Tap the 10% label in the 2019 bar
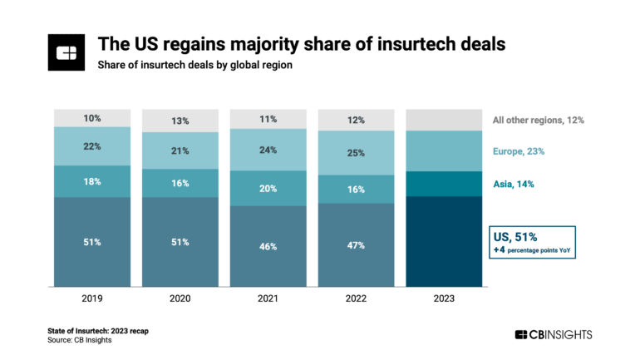click(x=91, y=117)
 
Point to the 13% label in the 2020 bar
click(x=180, y=121)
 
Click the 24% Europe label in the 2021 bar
click(x=268, y=150)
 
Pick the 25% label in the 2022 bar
click(x=355, y=153)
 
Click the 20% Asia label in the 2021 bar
click(x=268, y=188)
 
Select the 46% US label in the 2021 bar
click(x=268, y=246)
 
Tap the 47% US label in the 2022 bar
click(x=355, y=246)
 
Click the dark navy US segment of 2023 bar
click(x=443, y=241)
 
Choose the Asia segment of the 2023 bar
click(x=443, y=183)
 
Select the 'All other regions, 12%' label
click(x=539, y=120)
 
